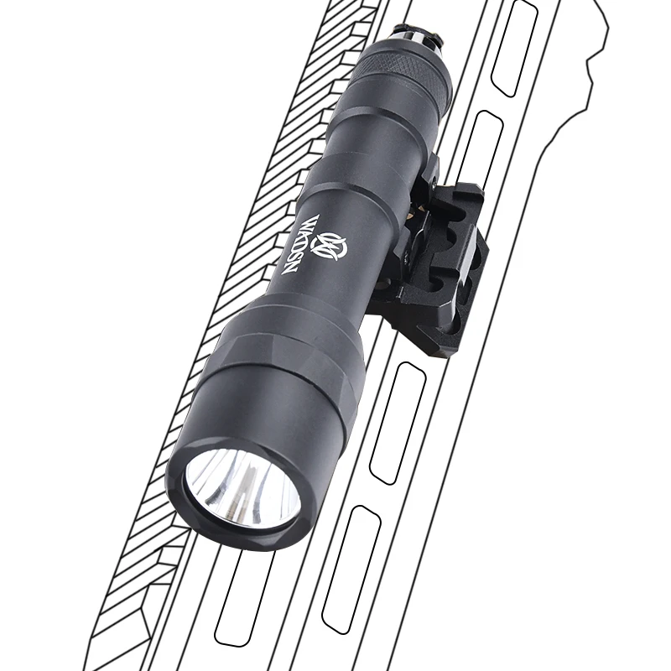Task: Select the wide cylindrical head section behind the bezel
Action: point(277,394)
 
